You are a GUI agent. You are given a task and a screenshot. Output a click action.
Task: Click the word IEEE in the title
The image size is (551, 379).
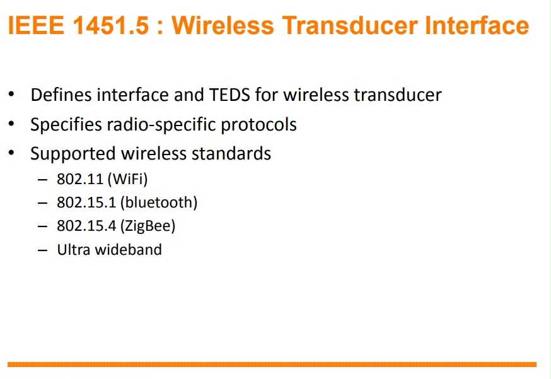point(36,25)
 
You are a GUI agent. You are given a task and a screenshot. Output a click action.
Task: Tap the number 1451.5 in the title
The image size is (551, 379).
point(111,25)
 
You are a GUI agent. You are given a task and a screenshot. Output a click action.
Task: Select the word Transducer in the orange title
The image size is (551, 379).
point(350,25)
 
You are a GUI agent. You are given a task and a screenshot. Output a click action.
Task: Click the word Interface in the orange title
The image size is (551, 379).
point(477,25)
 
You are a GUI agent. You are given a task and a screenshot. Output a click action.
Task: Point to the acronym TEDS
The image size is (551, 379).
point(229,95)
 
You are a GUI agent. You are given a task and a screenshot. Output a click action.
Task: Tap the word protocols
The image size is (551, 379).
point(258,125)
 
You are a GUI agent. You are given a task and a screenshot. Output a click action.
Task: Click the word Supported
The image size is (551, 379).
point(73,154)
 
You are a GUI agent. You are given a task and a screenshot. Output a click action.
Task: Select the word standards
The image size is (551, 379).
point(231,154)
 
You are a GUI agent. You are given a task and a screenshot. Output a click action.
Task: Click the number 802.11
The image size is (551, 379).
point(80,179)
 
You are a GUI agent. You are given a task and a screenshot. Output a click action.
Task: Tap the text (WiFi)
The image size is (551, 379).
point(127,179)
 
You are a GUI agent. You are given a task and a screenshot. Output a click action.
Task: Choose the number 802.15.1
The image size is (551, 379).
point(86,202)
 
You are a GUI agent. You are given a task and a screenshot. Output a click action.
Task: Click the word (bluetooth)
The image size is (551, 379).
point(159,202)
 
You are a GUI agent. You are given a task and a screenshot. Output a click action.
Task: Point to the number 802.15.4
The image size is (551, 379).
point(86,226)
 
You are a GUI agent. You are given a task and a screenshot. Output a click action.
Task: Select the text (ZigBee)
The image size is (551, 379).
point(148,226)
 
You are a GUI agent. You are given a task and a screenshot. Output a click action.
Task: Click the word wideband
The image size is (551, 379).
point(129,249)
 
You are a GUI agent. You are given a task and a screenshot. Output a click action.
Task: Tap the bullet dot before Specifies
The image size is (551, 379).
point(11,124)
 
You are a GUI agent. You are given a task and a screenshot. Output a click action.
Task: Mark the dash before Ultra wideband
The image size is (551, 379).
point(42,250)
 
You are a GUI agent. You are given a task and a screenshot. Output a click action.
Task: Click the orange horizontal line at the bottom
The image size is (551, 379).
point(272,364)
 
